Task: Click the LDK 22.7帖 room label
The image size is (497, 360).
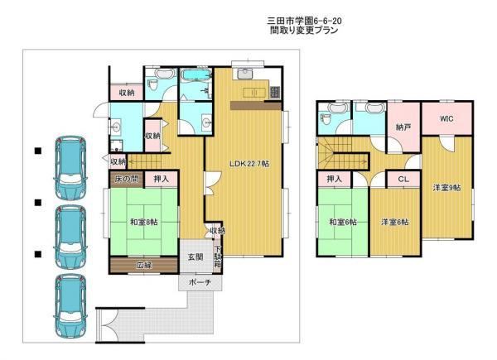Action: coord(249,164)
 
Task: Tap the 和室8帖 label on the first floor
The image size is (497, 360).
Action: coord(143,222)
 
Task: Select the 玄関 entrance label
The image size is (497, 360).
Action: coord(195,257)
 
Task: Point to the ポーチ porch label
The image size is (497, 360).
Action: coord(200,282)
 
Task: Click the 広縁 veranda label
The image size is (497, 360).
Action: coord(144,265)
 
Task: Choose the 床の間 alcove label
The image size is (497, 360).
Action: coord(127,179)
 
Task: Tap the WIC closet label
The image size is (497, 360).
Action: coord(446,118)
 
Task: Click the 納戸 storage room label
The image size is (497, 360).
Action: coord(403,127)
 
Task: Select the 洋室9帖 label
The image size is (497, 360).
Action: coord(447,188)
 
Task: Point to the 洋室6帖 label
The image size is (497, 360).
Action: coord(394,222)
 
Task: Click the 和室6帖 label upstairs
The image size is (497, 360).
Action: coord(343,222)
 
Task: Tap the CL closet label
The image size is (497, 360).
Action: coord(403,180)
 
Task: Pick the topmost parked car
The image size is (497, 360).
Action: coord(70,168)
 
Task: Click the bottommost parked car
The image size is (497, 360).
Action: coord(70,306)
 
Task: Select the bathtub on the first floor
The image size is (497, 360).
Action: coord(195,76)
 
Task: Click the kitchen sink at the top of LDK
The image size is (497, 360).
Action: coord(244,74)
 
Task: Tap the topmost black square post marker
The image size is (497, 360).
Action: coord(38,151)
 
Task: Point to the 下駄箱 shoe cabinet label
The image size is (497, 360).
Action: coord(217,257)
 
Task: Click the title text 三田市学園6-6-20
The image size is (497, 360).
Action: coord(304,21)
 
